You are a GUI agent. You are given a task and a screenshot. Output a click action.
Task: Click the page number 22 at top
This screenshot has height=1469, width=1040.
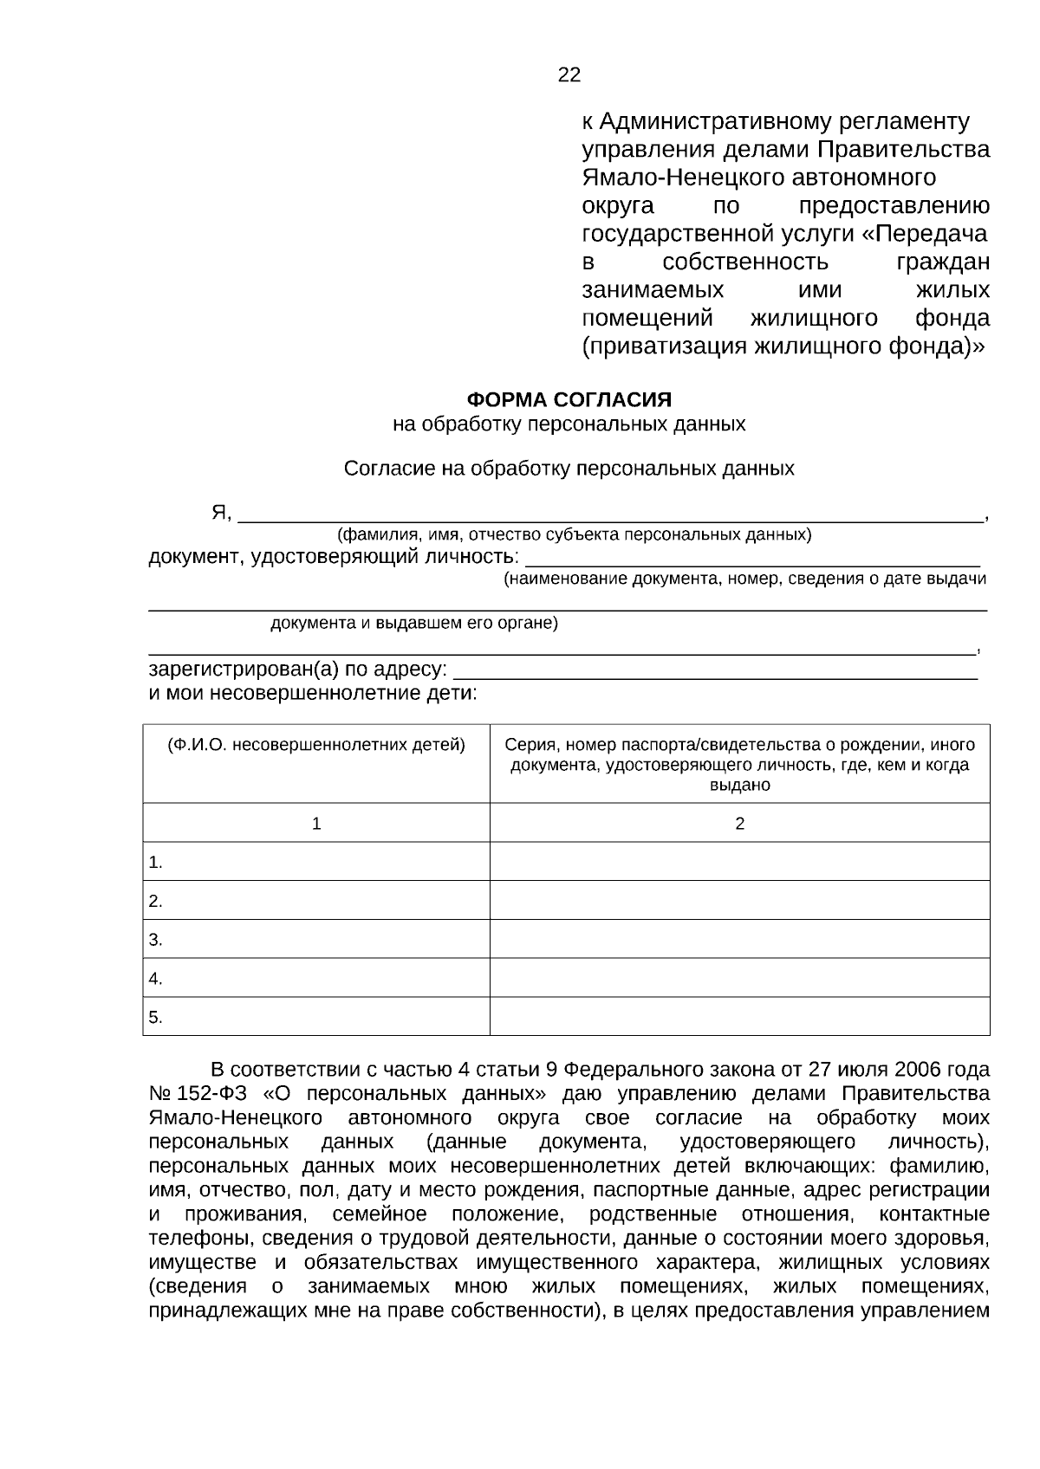click(569, 75)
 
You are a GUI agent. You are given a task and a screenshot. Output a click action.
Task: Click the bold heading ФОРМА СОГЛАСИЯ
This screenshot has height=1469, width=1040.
click(569, 399)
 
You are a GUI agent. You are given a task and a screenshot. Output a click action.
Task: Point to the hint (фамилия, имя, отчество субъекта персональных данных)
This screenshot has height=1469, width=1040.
click(574, 534)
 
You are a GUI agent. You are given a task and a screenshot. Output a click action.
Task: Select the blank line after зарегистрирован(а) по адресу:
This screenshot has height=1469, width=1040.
click(716, 671)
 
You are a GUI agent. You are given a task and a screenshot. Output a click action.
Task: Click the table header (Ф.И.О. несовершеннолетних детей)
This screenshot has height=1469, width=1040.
click(316, 745)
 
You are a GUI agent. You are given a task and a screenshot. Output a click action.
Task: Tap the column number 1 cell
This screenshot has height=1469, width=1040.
click(316, 824)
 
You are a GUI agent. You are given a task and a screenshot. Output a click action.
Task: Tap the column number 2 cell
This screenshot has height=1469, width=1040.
click(739, 824)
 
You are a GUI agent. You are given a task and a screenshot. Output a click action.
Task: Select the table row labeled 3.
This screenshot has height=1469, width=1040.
click(316, 940)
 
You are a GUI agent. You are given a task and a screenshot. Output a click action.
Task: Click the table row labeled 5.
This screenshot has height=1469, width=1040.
click(316, 1018)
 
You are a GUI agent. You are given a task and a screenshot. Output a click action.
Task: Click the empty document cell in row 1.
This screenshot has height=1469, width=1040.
click(739, 862)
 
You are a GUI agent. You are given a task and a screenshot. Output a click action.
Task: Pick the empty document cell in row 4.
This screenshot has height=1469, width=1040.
click(739, 979)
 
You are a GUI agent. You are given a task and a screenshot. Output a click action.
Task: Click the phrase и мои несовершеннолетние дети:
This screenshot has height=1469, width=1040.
click(313, 694)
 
